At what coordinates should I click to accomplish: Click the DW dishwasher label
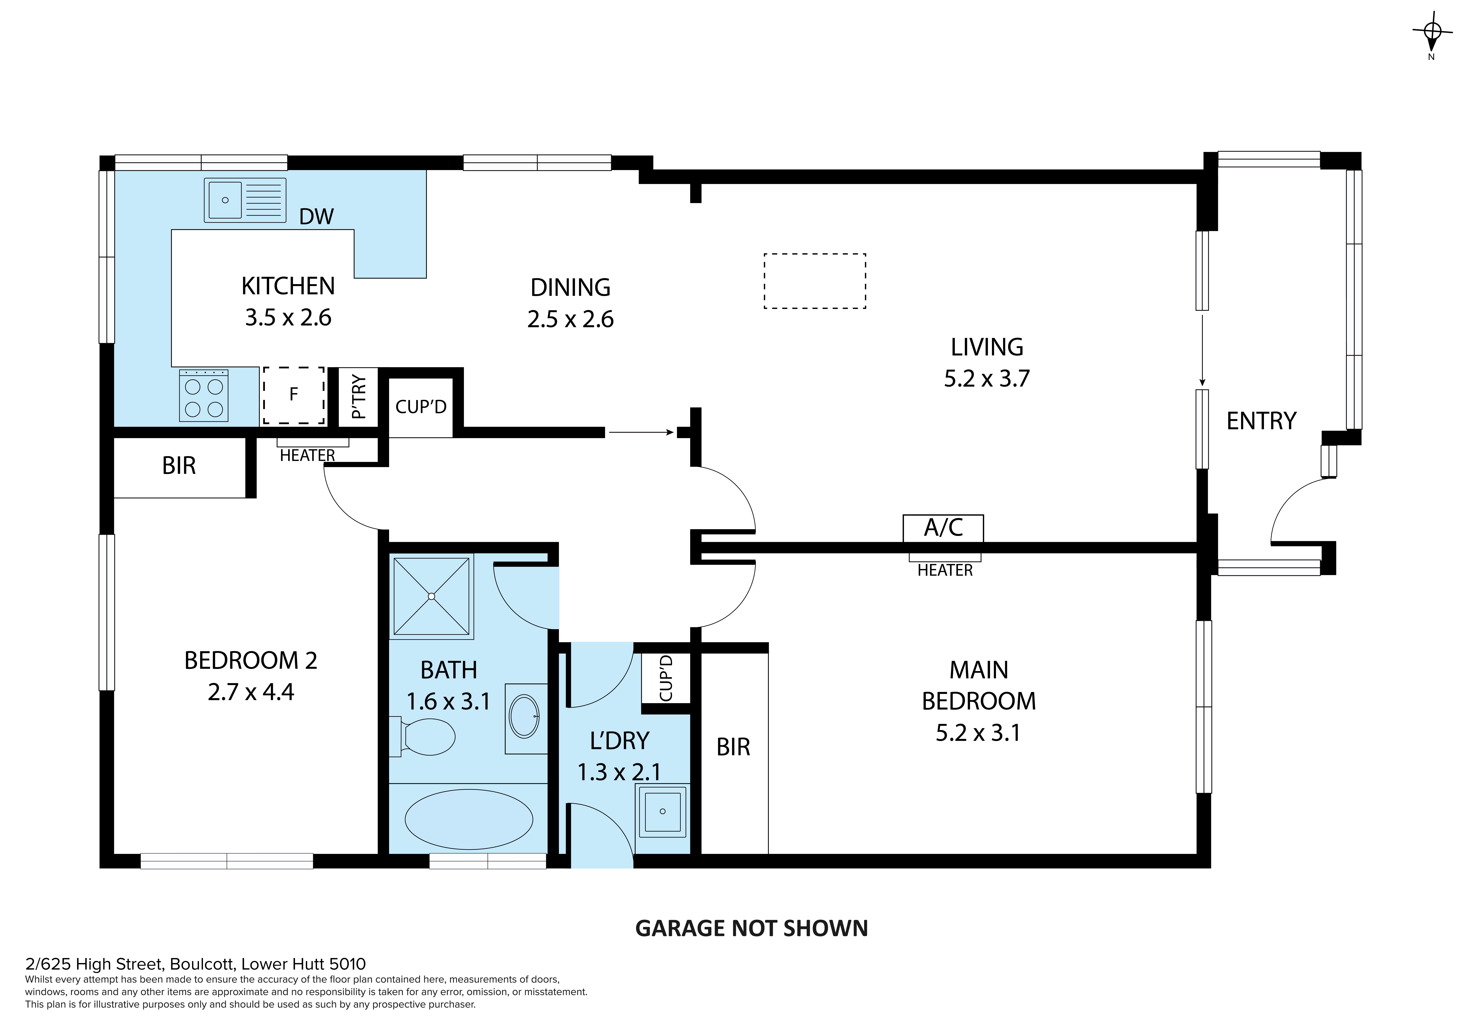click(316, 217)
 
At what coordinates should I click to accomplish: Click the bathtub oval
click(469, 819)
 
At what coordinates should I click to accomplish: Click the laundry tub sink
click(662, 811)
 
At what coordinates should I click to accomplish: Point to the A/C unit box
click(943, 528)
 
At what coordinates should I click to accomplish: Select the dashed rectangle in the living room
click(815, 281)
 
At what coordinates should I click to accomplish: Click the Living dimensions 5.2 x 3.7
click(986, 378)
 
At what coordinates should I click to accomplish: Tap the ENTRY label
click(1261, 421)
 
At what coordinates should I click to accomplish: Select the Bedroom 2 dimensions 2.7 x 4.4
click(251, 692)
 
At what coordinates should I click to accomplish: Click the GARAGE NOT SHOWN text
click(751, 929)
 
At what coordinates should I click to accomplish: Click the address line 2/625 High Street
click(195, 964)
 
